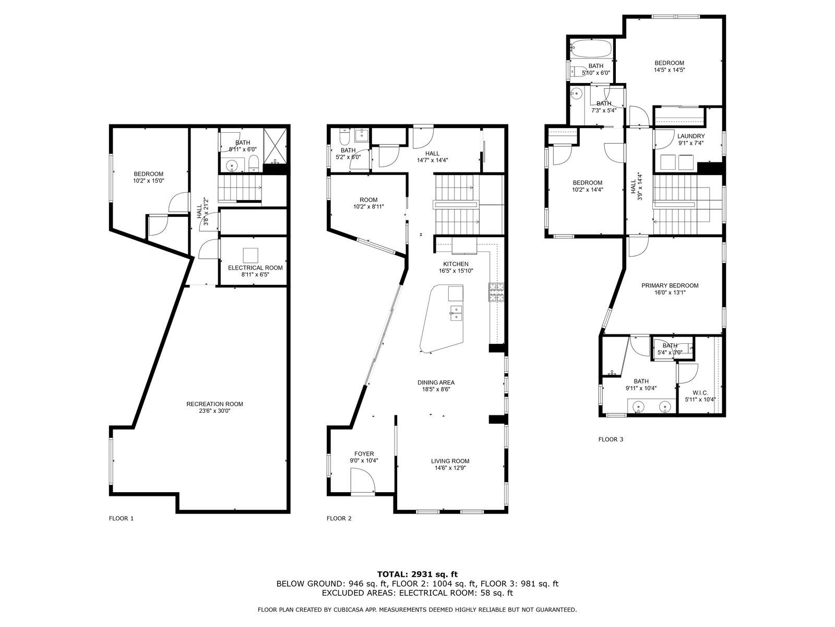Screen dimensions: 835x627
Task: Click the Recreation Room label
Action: [x=214, y=404]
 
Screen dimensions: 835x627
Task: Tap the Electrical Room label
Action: [x=255, y=268]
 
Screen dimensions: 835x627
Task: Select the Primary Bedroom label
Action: [x=670, y=285]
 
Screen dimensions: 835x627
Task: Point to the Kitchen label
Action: [x=456, y=264]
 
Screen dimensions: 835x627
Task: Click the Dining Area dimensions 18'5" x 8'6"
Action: [x=436, y=389]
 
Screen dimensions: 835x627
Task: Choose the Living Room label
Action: [x=450, y=461]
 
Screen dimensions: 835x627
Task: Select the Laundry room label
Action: [x=691, y=136]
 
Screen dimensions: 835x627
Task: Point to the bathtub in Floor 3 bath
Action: [x=591, y=49]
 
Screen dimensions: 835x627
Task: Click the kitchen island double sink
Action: [x=456, y=312]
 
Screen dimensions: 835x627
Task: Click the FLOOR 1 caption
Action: [x=121, y=518]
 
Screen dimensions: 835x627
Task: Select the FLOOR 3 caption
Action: [x=611, y=439]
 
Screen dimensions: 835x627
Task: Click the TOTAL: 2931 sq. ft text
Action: [x=417, y=574]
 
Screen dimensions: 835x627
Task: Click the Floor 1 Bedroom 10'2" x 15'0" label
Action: [x=148, y=178]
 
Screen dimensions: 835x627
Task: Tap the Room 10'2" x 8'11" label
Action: [x=368, y=203]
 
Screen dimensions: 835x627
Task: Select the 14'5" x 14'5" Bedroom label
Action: [x=669, y=66]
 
